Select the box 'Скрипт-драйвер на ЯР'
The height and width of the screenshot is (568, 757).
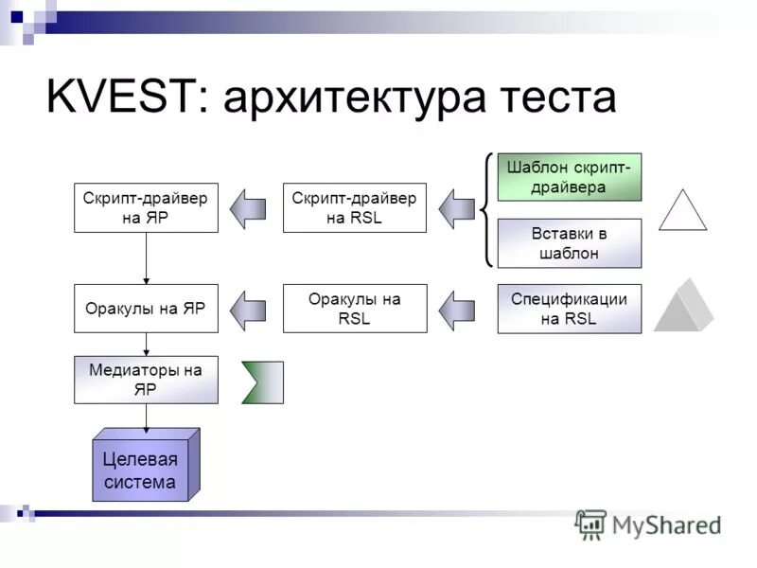coord(146,208)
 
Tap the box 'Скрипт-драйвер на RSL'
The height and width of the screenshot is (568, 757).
coord(354,208)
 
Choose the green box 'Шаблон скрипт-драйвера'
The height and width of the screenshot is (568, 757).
coord(570,177)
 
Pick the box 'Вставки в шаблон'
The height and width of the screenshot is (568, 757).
coord(570,243)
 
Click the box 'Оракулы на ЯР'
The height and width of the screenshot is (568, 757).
coord(146,309)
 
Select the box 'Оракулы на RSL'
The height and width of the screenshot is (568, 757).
coord(354,309)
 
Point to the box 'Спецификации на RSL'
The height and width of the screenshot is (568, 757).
coord(570,309)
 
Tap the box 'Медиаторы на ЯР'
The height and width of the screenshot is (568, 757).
coord(146,379)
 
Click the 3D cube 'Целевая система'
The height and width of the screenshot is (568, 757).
coord(142,470)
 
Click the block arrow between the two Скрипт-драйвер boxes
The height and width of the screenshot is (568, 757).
coord(250,208)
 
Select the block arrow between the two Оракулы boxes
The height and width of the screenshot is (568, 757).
coord(250,309)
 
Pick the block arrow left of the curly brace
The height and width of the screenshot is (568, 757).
coord(458,208)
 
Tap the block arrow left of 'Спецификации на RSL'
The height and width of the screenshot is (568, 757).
coord(458,309)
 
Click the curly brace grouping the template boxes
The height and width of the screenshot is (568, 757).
coord(486,209)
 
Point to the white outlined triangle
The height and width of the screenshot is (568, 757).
coord(682,213)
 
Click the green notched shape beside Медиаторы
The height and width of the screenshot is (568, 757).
coord(262,382)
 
